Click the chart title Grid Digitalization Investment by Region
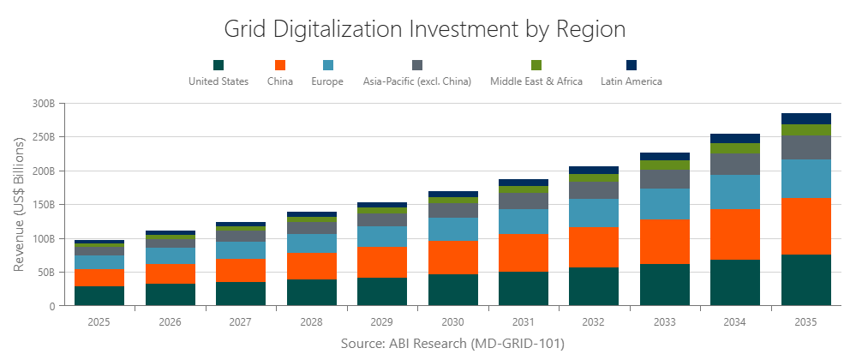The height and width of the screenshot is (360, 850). (x=425, y=29)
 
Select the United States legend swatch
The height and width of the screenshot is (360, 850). (x=218, y=65)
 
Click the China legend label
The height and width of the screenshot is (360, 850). (x=279, y=81)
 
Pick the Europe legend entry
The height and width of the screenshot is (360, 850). (x=327, y=81)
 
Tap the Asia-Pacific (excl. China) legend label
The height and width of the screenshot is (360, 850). (x=416, y=81)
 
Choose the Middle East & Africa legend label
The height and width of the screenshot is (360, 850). (x=536, y=81)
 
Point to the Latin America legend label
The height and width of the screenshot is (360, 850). (x=632, y=81)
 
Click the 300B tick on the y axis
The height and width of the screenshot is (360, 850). (x=43, y=103)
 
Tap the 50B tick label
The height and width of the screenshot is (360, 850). (x=45, y=273)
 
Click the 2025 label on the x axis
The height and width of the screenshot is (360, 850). (x=99, y=321)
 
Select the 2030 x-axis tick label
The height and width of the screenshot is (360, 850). (x=453, y=321)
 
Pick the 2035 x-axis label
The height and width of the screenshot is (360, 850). (x=806, y=321)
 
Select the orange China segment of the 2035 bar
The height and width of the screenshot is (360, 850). (x=806, y=226)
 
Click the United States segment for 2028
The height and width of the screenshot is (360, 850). (x=312, y=292)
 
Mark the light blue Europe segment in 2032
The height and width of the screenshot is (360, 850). (x=595, y=213)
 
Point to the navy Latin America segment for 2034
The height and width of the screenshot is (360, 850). (x=736, y=138)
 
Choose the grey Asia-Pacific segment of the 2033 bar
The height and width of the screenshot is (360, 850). (x=665, y=179)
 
